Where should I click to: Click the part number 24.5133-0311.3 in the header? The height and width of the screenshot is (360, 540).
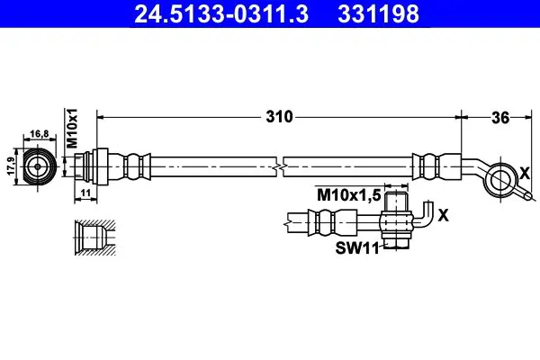point(221,13)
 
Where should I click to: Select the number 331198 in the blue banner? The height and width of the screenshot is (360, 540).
point(378,13)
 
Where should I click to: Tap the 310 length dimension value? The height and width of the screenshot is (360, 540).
point(279,117)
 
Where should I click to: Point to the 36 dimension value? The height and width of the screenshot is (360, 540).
point(500,118)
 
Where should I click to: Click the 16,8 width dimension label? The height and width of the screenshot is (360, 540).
point(40,133)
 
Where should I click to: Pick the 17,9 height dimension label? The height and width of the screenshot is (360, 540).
point(12,166)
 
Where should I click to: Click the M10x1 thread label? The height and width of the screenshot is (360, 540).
point(72,128)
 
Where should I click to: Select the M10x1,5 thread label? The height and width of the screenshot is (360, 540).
point(348,195)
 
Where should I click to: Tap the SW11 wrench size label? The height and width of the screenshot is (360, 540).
point(357,247)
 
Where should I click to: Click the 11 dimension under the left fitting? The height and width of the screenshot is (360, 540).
point(85,193)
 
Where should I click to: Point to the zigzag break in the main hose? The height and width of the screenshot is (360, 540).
point(280,166)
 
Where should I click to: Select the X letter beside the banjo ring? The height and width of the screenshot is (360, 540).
point(525,174)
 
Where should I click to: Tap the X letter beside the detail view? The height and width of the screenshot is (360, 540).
point(444,215)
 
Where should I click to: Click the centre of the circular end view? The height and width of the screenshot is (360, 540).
point(38,166)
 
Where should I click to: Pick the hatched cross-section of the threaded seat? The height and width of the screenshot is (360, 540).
point(95,238)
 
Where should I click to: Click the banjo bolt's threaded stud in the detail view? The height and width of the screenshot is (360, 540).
point(396,202)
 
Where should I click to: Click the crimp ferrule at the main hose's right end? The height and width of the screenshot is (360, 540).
point(436,166)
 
